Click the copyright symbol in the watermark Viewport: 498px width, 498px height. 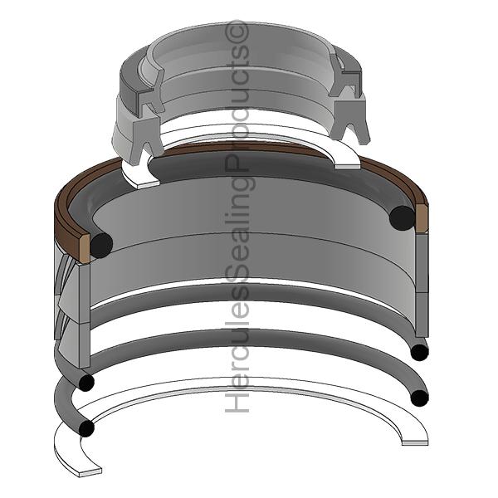click(237, 32)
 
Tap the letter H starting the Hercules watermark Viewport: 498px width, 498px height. click(237, 403)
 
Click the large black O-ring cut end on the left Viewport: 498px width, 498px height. click(101, 245)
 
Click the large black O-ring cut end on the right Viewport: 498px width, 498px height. click(402, 217)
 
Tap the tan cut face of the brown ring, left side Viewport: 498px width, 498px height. click(84, 249)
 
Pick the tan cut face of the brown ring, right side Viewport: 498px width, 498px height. click(422, 218)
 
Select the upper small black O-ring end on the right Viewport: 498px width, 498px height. click(419, 352)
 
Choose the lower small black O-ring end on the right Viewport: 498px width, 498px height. click(419, 398)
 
